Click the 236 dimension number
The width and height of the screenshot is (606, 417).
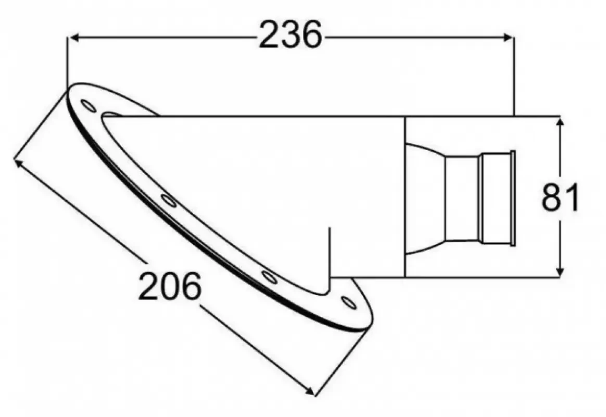point(291,36)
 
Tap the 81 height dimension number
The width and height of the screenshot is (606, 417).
point(560,198)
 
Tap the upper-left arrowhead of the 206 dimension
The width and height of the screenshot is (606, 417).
point(19,164)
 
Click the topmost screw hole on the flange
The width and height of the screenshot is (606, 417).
point(89,106)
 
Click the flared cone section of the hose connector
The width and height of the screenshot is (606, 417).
point(424,199)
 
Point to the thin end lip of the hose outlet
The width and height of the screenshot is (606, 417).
point(513,198)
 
